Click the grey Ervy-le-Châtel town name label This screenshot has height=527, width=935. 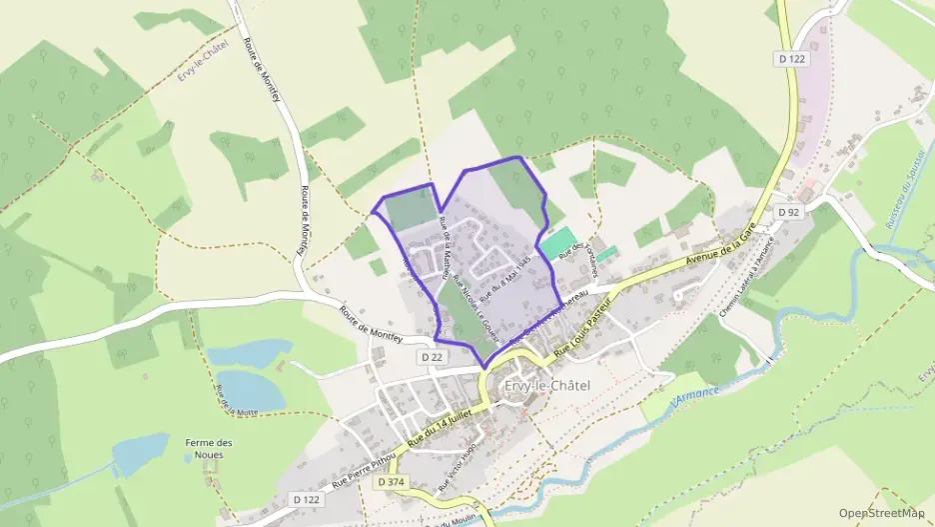pyautogui.click(x=547, y=386)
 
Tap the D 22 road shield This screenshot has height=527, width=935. pyautogui.click(x=432, y=356)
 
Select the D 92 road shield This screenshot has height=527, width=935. pyautogui.click(x=789, y=212)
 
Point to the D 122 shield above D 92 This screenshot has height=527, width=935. pyautogui.click(x=791, y=60)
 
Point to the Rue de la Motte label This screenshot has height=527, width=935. pyautogui.click(x=231, y=400)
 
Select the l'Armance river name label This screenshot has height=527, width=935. pyautogui.click(x=695, y=394)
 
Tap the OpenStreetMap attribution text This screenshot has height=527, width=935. pyautogui.click(x=881, y=513)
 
